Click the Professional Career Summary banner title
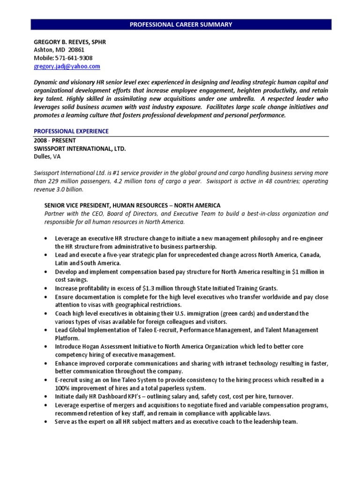click(181, 24)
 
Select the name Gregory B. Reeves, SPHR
click(70, 42)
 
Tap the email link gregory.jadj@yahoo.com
click(67, 67)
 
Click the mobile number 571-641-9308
click(63, 58)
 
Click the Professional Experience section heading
click(71, 131)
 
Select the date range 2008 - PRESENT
click(55, 140)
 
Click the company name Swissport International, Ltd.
click(80, 148)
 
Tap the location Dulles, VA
click(47, 156)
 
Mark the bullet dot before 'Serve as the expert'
click(45, 421)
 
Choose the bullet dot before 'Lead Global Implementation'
click(45, 330)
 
